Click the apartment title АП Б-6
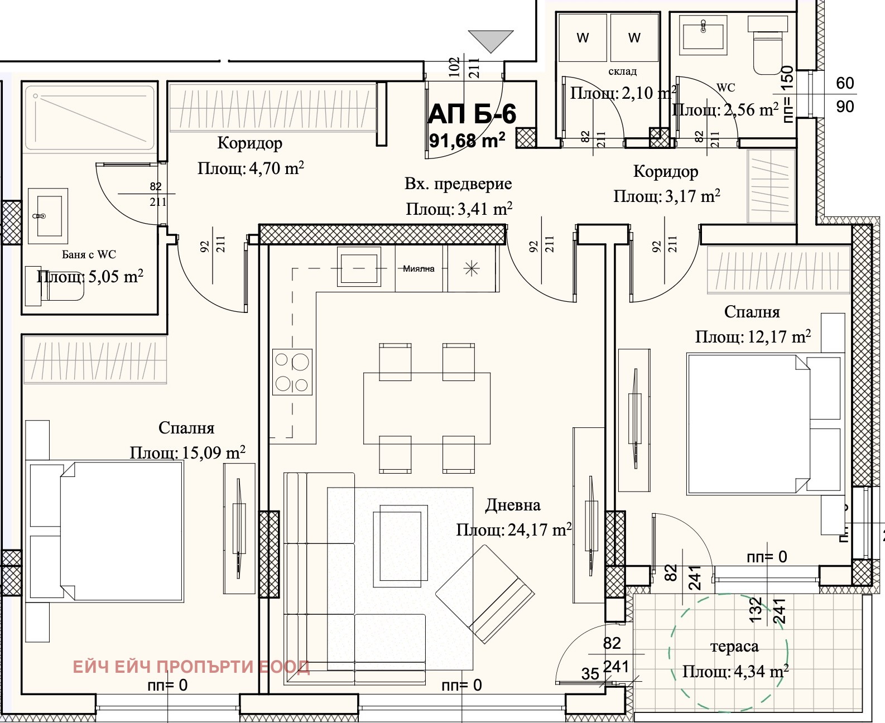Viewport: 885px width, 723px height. pos(472,114)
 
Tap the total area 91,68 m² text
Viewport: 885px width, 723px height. pos(468,139)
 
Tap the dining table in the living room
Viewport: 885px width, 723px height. pos(427,408)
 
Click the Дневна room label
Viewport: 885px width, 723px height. pos(512,505)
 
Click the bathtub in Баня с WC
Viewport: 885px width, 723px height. pos(89,117)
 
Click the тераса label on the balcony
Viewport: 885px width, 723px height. pos(734,647)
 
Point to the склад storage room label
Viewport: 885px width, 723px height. pos(622,71)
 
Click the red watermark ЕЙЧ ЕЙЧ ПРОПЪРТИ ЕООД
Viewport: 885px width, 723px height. pos(191,667)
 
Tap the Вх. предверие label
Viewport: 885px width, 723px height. pos(458,184)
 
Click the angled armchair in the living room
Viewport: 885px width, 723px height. pos(484,595)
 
